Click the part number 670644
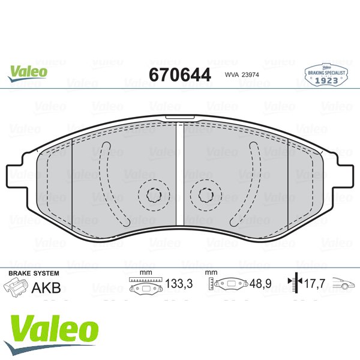tap(180, 74)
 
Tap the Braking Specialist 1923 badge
tap(326, 75)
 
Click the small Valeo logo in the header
tap(28, 73)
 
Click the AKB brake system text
tap(46, 287)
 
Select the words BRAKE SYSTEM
tap(34, 273)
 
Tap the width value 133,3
tap(179, 284)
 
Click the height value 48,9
tap(260, 284)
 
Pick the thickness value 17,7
tap(314, 284)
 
